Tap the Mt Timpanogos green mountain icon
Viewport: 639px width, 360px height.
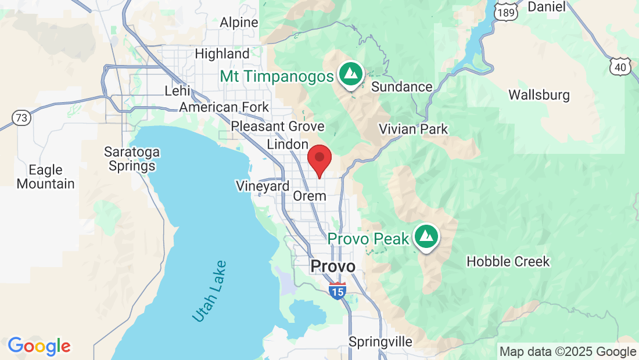350,75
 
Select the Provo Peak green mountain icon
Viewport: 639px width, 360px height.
427,236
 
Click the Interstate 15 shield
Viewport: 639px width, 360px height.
337,290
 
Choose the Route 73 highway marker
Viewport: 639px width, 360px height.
21,118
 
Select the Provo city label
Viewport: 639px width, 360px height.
332,267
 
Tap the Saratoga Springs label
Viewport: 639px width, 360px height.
131,159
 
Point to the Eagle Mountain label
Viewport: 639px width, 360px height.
45,177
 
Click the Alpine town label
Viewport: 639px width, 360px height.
239,23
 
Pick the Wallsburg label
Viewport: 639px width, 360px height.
539,95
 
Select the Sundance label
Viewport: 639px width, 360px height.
401,87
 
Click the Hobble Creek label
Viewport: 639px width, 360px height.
508,261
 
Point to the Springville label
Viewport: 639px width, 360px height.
380,341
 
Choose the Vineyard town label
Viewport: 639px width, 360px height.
263,186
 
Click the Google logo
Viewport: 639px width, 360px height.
39,347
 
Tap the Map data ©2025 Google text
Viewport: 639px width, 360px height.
568,352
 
